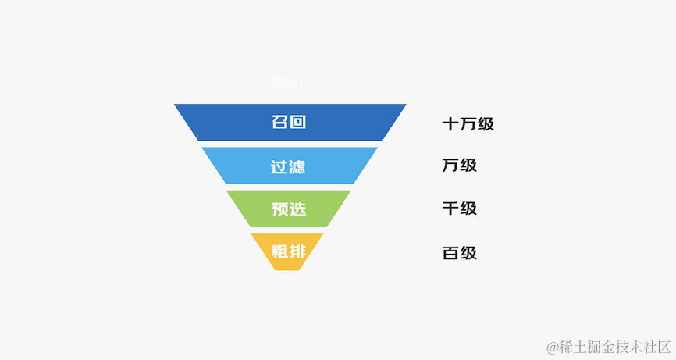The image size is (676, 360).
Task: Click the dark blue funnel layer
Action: tap(234, 122)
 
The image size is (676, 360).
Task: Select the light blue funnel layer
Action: tap(242, 166)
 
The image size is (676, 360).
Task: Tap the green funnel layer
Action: tap(250, 209)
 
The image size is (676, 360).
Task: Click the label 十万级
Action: tap(468, 123)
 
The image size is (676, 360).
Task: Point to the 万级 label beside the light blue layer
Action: tap(459, 166)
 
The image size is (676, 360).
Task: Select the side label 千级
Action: tap(459, 209)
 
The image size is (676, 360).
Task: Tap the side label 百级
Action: tap(459, 253)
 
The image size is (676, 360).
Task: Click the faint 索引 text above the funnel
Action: tap(287, 83)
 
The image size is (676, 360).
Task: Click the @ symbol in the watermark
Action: tap(552, 347)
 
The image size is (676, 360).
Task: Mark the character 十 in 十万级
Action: tap(450, 123)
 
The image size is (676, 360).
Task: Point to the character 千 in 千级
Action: tap(450, 209)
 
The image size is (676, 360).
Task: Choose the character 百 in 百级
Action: tap(450, 253)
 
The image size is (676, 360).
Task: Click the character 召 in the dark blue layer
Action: tap(280, 122)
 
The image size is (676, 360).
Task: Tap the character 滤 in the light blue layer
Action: tap(297, 166)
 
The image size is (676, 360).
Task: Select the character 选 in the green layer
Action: tap(297, 209)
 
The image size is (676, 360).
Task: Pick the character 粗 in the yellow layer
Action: tap(279, 251)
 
